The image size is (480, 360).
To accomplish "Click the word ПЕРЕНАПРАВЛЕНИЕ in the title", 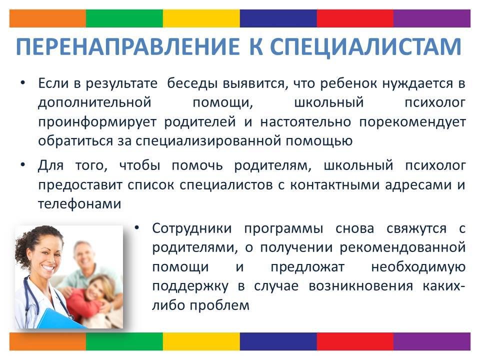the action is click(127, 46).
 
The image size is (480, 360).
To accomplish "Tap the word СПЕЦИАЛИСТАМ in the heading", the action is click(365, 47).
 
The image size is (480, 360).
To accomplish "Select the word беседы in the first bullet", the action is click(192, 83).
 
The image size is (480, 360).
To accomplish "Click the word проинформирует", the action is click(97, 122).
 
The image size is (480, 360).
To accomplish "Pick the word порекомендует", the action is click(412, 122).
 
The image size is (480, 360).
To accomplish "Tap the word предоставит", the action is click(80, 185).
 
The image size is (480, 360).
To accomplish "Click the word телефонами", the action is click(79, 204).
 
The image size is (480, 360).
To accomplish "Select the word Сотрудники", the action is click(192, 228).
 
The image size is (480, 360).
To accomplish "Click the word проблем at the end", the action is click(219, 305).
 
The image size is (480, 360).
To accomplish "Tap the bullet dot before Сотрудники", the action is click(137, 227).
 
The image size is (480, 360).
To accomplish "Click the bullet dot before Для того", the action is click(22, 164).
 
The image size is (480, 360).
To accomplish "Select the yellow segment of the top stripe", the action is click(201, 18).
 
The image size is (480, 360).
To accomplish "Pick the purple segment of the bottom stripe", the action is click(432, 341).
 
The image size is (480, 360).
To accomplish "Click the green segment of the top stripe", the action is click(124, 18).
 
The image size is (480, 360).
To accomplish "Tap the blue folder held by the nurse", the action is click(61, 318).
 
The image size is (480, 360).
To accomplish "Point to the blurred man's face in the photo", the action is click(83, 255).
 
